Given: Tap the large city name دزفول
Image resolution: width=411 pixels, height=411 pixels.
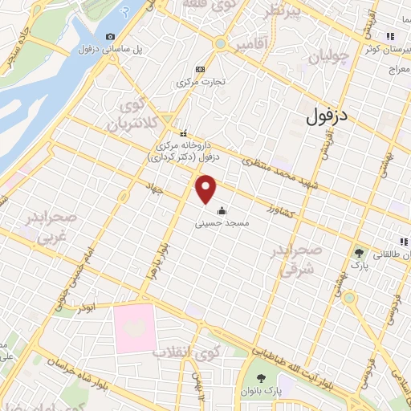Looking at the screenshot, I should [x=328, y=117].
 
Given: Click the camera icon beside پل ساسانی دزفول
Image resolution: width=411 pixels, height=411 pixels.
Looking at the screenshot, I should [x=110, y=37].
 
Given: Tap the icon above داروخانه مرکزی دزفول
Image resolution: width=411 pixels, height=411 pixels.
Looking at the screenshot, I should [x=184, y=133].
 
